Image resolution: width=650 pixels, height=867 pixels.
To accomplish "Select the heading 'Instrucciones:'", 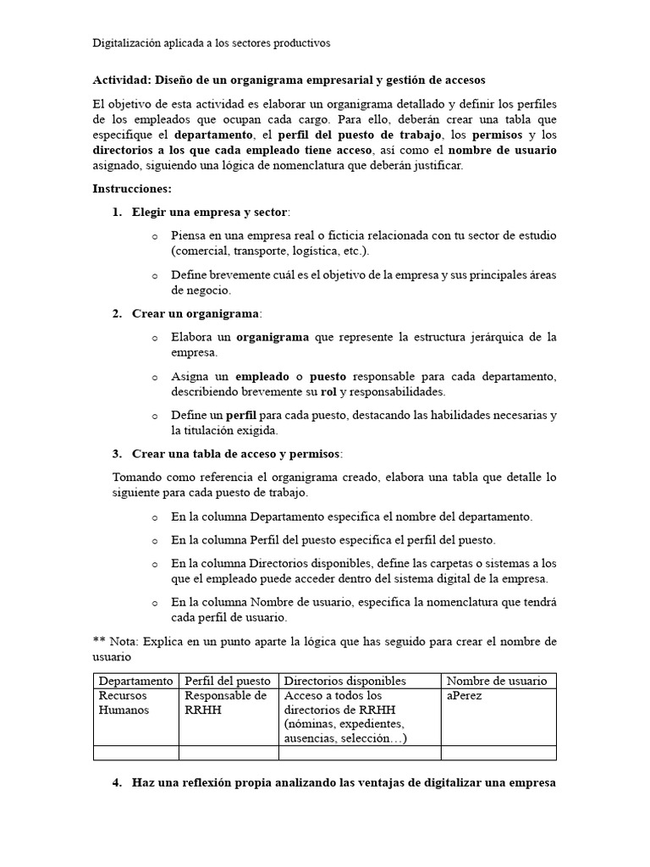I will (x=131, y=188).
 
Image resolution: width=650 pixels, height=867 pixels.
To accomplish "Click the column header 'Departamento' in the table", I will (x=135, y=681).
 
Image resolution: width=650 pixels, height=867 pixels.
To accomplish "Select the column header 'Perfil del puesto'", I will (x=228, y=681).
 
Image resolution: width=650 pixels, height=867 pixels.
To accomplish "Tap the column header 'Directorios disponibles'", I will (x=345, y=681).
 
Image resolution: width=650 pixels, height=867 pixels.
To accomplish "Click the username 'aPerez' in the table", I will (x=465, y=696).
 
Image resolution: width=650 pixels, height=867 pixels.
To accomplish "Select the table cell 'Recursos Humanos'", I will (x=124, y=703).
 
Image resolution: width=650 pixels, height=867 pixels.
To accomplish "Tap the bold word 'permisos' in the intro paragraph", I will (x=498, y=135).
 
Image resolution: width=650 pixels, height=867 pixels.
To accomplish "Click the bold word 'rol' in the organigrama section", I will (x=328, y=392).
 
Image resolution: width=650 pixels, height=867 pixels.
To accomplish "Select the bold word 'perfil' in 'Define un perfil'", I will (x=241, y=415).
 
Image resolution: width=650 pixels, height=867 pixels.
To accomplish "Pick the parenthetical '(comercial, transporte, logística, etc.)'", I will (x=270, y=251).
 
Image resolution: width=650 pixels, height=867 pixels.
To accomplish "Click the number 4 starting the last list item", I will (x=117, y=782).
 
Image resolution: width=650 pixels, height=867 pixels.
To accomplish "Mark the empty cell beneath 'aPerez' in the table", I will (x=498, y=753).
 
